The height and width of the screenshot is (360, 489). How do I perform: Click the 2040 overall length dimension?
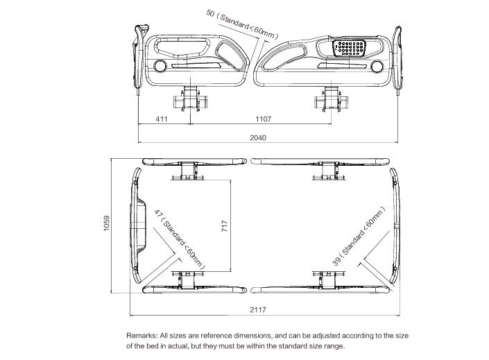click(x=257, y=137)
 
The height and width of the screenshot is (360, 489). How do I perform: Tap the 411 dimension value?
click(x=162, y=120)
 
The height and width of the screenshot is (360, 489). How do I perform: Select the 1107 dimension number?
click(x=263, y=120)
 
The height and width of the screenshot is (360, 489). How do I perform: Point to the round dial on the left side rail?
click(x=161, y=66)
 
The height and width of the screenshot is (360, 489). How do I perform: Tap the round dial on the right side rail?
click(x=377, y=67)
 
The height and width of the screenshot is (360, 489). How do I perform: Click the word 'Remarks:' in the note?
click(x=141, y=334)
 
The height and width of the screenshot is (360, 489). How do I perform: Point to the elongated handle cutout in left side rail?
click(x=182, y=49)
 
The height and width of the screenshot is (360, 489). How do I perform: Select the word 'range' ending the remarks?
click(x=331, y=345)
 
